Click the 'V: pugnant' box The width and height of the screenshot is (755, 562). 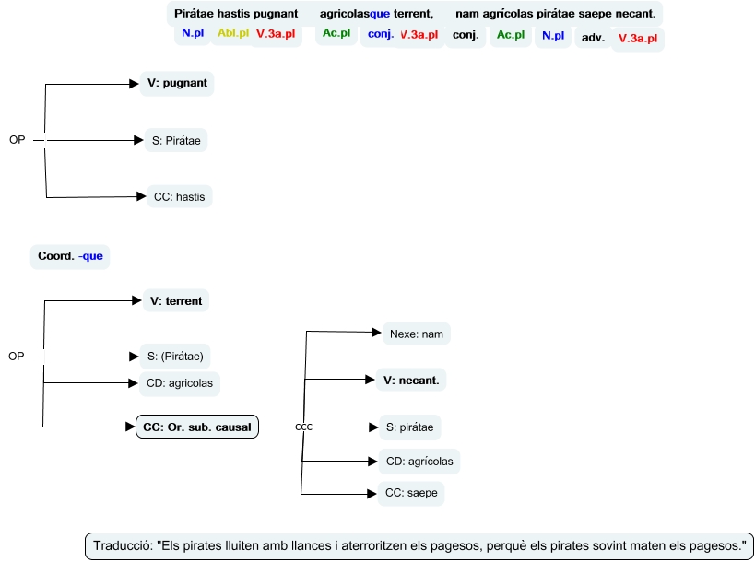pos(177,84)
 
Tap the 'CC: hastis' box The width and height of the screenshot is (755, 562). pos(179,196)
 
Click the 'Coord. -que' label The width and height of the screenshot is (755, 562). pos(70,256)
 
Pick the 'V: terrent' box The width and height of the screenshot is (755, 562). pos(177,300)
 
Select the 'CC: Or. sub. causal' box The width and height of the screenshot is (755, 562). pos(197,427)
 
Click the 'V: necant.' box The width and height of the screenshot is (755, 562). pos(411,379)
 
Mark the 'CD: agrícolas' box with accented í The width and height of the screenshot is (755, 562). pos(419,461)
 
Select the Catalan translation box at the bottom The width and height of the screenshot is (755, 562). pos(419,545)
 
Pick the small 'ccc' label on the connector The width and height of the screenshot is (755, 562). pos(304,427)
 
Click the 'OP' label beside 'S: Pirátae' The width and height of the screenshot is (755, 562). pos(17,140)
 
